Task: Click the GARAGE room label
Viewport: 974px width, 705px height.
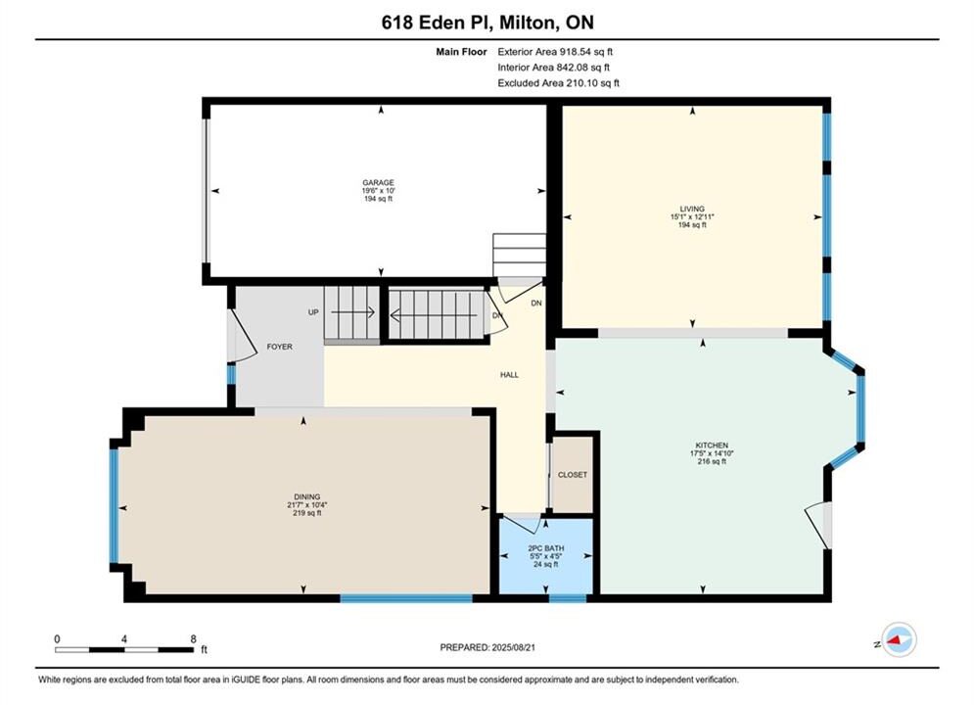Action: (x=378, y=183)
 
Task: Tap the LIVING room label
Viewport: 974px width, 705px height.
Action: (x=692, y=209)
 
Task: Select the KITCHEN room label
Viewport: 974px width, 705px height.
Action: (x=712, y=446)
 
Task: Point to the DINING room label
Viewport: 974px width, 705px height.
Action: (x=306, y=496)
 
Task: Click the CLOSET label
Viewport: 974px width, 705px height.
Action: (x=572, y=475)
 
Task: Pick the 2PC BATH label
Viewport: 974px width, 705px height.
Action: (x=546, y=548)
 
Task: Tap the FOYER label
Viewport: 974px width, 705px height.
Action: (x=280, y=347)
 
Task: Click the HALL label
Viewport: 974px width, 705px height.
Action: (x=509, y=375)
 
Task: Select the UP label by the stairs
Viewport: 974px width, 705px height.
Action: (x=313, y=312)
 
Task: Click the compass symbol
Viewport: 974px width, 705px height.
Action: (x=899, y=639)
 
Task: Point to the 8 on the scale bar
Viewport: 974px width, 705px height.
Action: (x=193, y=638)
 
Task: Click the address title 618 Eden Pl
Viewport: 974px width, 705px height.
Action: (x=435, y=23)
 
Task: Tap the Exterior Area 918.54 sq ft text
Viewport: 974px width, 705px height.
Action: (x=555, y=52)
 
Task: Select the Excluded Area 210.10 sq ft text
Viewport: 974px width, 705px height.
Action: (x=558, y=83)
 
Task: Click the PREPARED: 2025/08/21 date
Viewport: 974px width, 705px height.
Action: (x=487, y=647)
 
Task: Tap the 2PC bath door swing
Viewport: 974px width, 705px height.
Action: (x=524, y=523)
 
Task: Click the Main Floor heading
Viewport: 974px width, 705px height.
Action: (x=461, y=52)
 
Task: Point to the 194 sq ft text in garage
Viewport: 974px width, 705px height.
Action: (x=378, y=199)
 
